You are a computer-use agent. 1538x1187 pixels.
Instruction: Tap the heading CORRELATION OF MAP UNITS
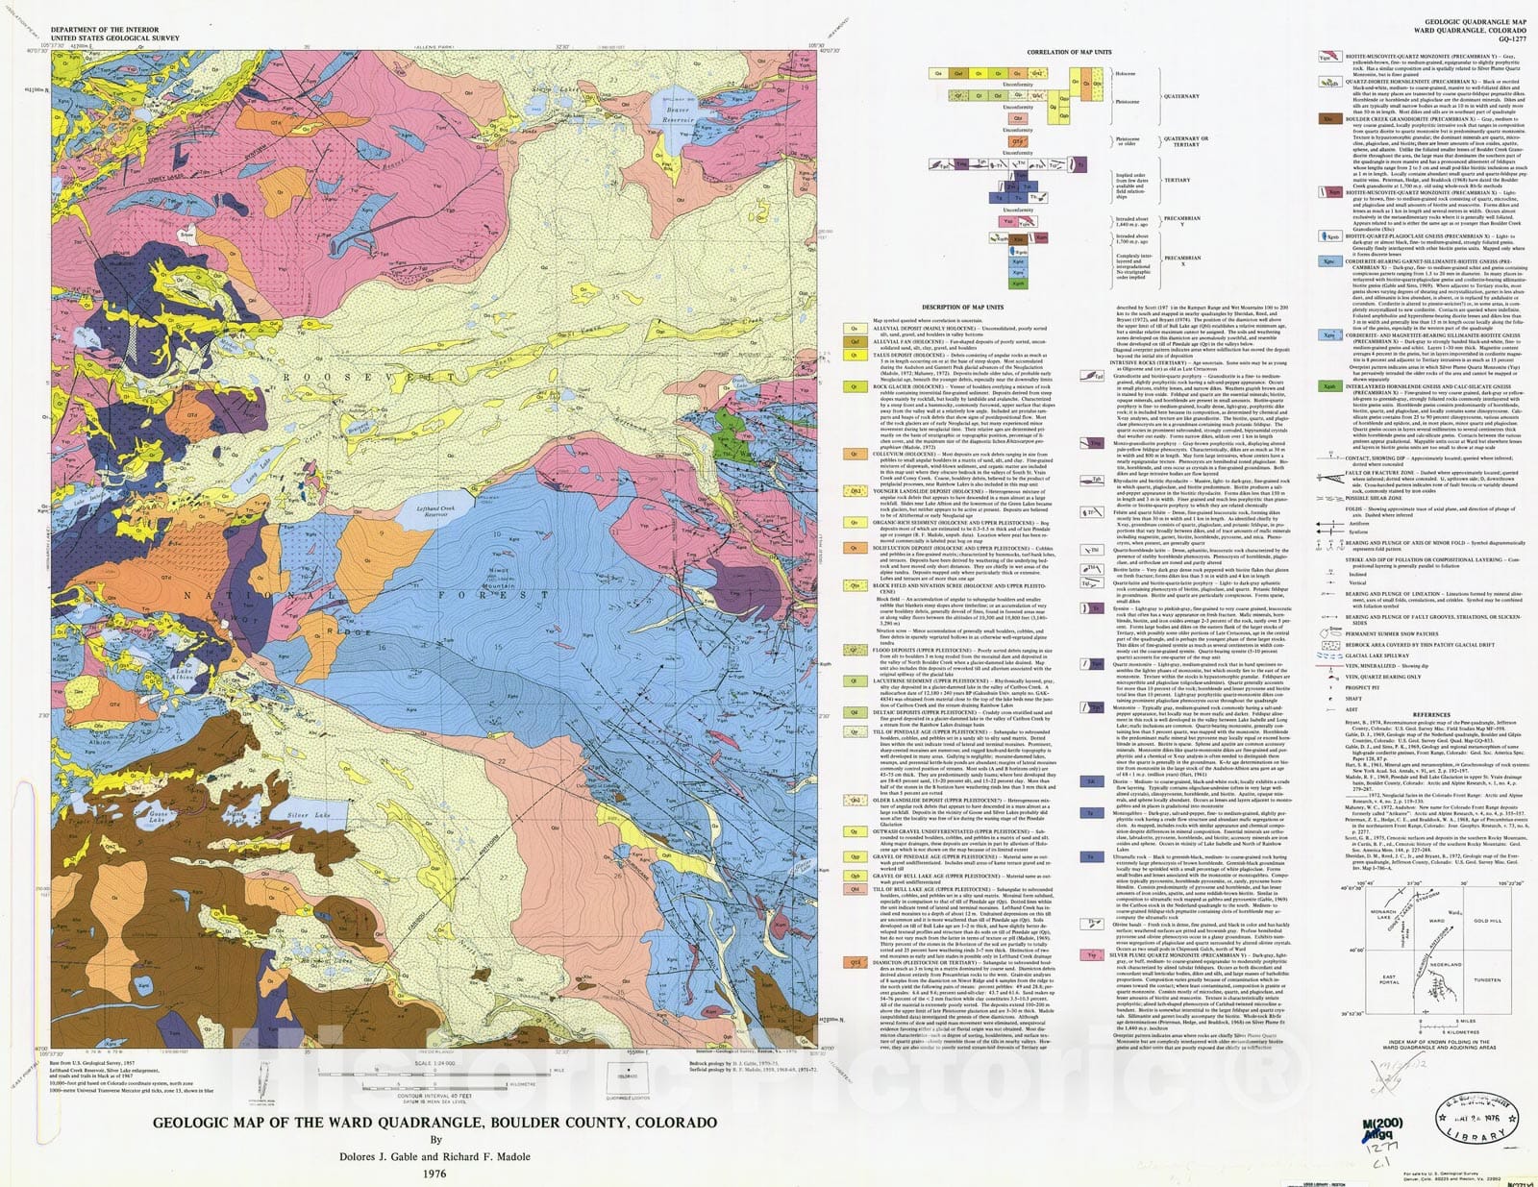coord(1069,52)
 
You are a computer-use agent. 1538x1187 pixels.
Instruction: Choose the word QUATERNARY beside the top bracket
coord(1181,96)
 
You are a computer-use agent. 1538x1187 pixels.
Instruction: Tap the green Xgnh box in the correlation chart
coord(1018,284)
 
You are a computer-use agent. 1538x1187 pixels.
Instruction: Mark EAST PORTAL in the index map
coord(1389,979)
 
